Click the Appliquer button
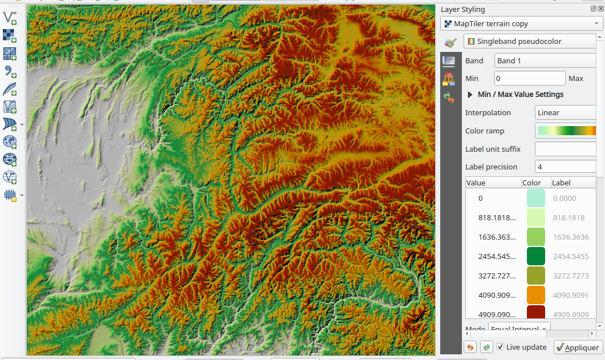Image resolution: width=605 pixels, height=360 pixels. point(578,347)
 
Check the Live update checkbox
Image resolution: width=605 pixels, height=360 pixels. point(500,347)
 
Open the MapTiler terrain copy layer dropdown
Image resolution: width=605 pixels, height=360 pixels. point(522,23)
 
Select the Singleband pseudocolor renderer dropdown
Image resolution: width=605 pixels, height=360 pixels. point(533,42)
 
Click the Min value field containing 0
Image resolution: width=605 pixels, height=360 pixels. point(530,78)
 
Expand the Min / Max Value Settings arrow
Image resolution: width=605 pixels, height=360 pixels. point(470,95)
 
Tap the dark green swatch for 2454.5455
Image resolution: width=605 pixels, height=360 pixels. point(535,256)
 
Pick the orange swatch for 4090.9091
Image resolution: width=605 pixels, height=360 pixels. point(535,295)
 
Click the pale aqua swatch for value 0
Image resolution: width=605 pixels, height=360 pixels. point(535,198)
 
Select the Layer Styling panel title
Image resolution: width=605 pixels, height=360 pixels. point(463,10)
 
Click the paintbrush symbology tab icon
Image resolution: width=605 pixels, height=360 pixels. point(450,42)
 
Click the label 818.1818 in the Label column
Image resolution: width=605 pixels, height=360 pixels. point(569,217)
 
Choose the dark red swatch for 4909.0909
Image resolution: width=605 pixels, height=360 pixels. point(535,313)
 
